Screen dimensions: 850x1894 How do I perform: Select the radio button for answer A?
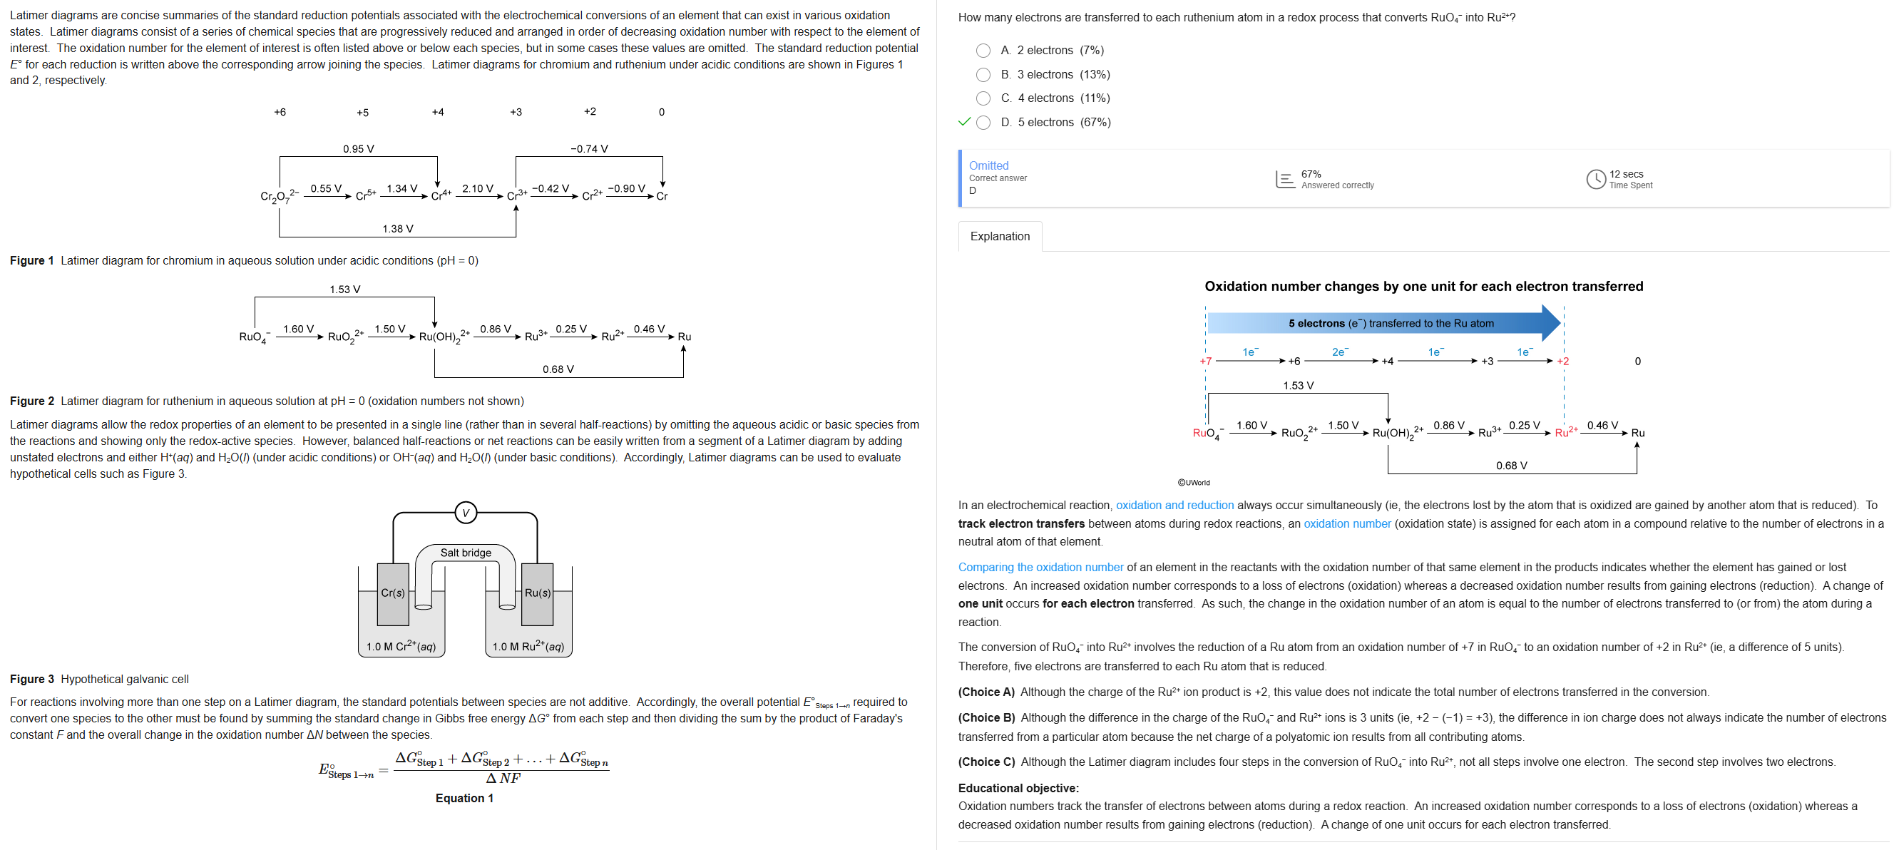coord(983,51)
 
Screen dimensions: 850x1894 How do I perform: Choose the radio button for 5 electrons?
coord(983,123)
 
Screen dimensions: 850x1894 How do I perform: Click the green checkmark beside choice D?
coord(964,122)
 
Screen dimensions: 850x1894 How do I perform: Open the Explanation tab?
coord(999,236)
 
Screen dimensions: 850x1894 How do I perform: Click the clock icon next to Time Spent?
coord(1594,180)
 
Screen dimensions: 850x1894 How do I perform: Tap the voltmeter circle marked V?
coord(466,513)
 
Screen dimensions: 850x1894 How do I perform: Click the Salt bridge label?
coord(466,553)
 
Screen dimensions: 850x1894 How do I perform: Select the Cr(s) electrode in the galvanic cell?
coord(393,593)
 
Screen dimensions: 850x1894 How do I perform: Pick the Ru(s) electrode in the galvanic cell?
coord(538,593)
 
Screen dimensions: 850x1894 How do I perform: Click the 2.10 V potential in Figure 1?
coord(477,189)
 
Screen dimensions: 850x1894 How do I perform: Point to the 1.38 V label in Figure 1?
coord(398,229)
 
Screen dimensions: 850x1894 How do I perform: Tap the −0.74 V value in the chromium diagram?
coord(589,149)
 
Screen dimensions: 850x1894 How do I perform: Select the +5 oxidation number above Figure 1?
coord(362,113)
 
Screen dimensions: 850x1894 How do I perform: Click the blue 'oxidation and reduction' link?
coord(1174,505)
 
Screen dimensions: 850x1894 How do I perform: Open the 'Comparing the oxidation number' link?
coord(1040,567)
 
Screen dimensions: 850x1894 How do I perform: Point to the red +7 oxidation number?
coord(1205,361)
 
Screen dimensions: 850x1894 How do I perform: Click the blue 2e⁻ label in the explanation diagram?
coord(1341,352)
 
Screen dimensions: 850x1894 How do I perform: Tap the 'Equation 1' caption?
coord(464,798)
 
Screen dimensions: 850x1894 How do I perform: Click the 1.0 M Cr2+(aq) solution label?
coord(401,646)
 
